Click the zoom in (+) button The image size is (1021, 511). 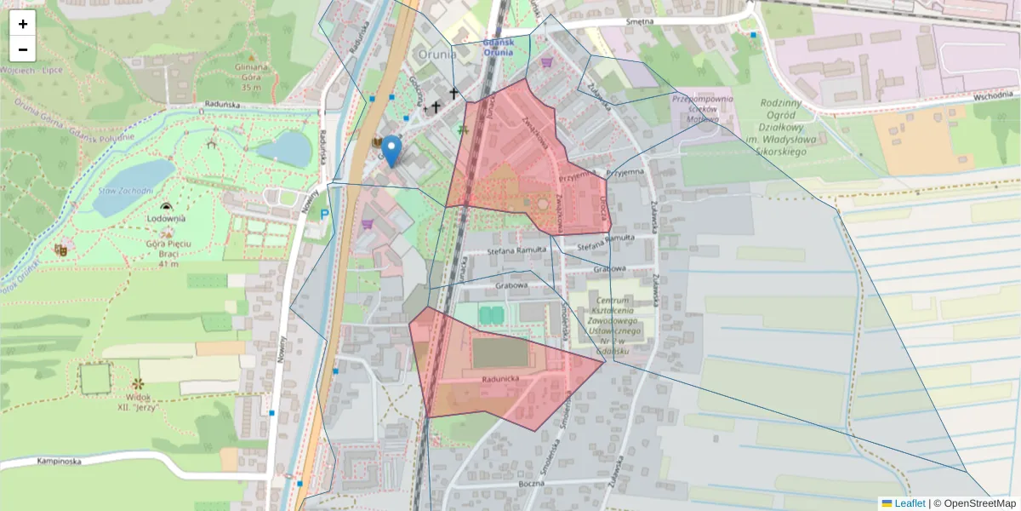[x=23, y=24]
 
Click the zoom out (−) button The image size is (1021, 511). [x=23, y=49]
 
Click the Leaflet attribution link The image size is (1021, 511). [x=909, y=503]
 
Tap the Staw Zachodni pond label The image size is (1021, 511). [x=124, y=191]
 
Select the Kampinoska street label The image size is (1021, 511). [x=59, y=462]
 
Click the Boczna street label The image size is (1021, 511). [x=529, y=484]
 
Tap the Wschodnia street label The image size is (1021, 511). [x=993, y=95]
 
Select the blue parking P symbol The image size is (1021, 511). [x=324, y=215]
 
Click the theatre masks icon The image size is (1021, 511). [x=60, y=250]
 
